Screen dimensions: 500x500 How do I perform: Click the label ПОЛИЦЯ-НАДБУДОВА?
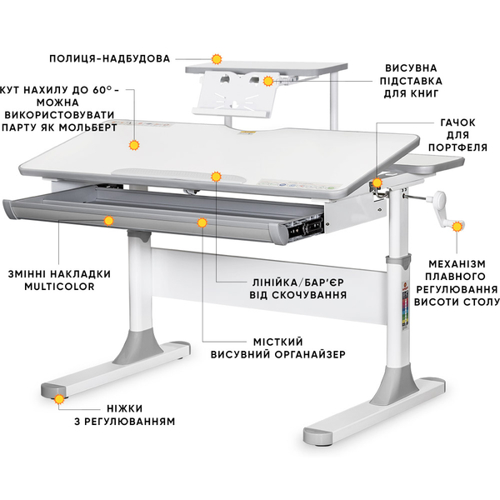tap(109, 59)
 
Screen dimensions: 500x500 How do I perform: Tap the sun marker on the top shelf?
tap(217, 59)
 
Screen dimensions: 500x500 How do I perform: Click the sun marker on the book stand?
tap(268, 81)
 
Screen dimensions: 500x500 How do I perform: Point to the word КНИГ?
tap(424, 93)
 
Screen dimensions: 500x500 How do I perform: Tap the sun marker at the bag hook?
tap(377, 182)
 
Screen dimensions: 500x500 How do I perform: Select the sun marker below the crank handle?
tap(457, 227)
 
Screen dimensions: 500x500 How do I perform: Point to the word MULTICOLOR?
tap(60, 287)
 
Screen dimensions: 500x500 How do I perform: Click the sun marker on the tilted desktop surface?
tap(134, 145)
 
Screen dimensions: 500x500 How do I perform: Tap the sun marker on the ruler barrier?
tap(216, 177)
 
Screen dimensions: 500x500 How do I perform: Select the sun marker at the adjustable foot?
tap(59, 399)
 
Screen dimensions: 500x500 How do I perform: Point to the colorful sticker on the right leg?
tap(405, 307)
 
